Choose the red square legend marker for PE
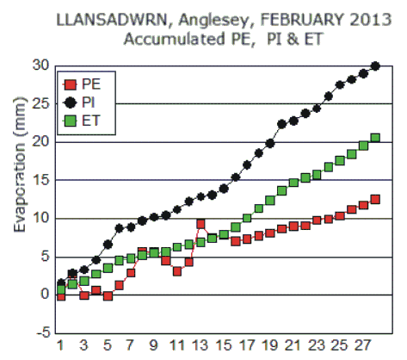click(x=71, y=84)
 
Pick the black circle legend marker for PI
click(x=71, y=102)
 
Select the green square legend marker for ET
click(x=71, y=121)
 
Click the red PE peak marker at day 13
click(x=200, y=224)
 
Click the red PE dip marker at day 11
click(x=177, y=271)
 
